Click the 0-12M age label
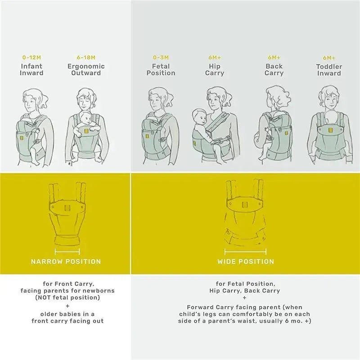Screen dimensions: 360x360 31,58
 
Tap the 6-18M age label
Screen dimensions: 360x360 86,58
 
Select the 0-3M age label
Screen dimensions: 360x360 161,58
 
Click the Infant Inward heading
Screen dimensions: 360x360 31,70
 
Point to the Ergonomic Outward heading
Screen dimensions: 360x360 86,70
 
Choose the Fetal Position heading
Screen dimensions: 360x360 161,70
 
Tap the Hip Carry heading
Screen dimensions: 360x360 215,70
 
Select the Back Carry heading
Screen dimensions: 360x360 274,70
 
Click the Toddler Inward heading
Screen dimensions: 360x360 329,70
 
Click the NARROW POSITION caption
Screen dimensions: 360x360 66,261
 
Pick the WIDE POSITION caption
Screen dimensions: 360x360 246,261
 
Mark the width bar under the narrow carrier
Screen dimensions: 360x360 67,252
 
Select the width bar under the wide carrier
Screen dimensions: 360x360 245,252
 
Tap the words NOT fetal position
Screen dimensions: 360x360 70,297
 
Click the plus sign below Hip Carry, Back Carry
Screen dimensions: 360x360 244,298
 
